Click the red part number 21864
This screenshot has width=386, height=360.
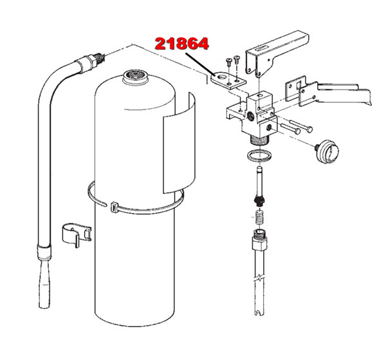click(181, 44)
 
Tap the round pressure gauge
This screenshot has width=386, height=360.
click(327, 151)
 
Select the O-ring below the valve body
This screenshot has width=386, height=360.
click(259, 156)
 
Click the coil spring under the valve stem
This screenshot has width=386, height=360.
click(259, 217)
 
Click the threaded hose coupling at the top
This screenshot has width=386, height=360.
click(90, 63)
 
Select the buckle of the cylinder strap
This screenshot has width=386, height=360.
click(114, 207)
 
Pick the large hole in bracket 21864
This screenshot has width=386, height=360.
click(223, 77)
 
